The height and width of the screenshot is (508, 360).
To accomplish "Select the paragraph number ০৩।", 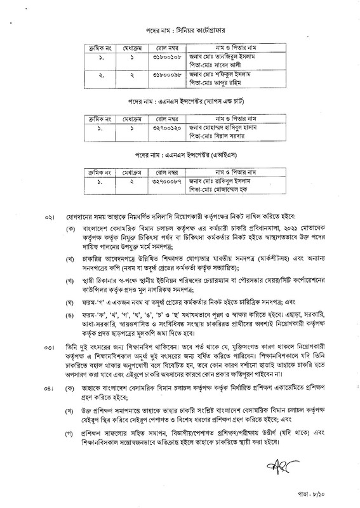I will pos(47,347).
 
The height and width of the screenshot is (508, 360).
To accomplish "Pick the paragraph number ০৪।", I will pos(47,387).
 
